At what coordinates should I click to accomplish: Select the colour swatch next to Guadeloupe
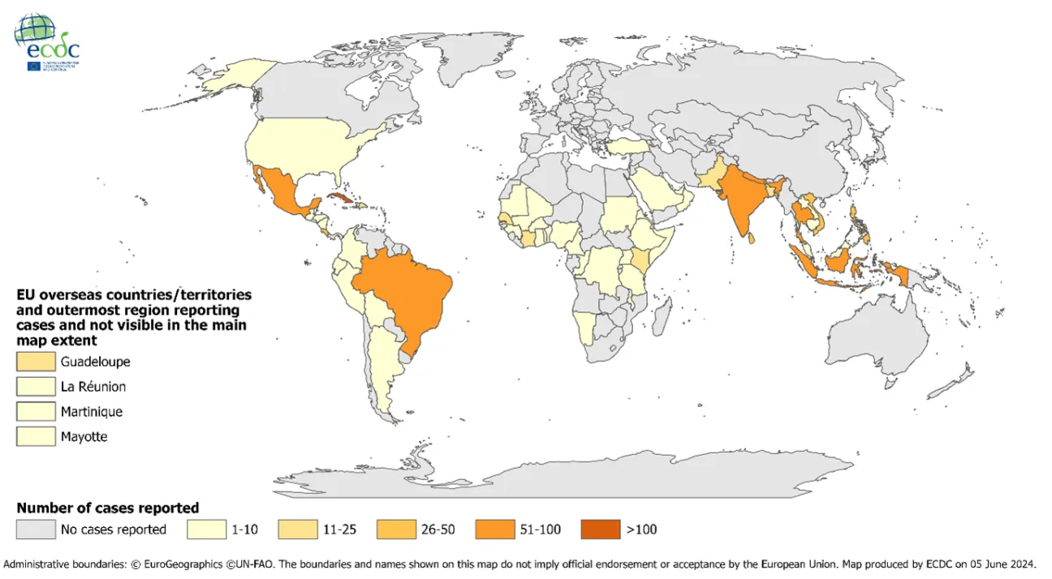[x=35, y=362]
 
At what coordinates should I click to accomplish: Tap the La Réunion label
[x=93, y=387]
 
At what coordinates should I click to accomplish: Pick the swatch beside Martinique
[x=35, y=412]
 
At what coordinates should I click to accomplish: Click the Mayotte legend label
[x=84, y=437]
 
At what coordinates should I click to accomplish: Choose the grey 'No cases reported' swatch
[x=35, y=530]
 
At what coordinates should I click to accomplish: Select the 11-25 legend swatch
[x=297, y=530]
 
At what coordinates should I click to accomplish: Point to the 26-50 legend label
[x=438, y=530]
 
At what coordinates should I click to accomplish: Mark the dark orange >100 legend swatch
[x=600, y=530]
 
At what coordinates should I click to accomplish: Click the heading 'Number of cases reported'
[x=108, y=508]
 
